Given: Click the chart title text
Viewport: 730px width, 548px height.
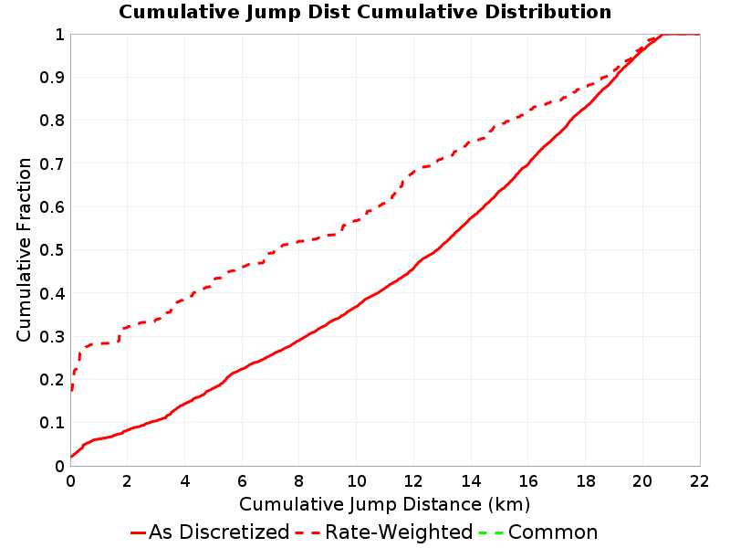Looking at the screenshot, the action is tap(365, 12).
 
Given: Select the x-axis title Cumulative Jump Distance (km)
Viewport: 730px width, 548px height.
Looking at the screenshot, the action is tap(384, 504).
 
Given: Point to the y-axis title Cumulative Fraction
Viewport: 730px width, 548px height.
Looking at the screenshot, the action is tap(24, 249).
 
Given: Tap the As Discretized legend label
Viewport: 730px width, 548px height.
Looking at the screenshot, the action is tap(219, 532).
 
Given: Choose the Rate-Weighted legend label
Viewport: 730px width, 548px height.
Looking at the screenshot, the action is tap(399, 532).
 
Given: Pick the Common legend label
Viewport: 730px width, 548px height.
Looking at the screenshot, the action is tap(553, 532).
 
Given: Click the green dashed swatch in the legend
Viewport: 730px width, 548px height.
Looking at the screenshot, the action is tap(491, 532).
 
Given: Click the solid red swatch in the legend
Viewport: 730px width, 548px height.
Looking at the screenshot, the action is tap(139, 532).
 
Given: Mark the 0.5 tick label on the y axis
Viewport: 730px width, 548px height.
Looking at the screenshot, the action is tap(52, 250).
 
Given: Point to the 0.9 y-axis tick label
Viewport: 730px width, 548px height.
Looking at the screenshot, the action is tap(52, 78).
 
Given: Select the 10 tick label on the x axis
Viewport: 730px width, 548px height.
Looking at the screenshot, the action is tap(356, 481).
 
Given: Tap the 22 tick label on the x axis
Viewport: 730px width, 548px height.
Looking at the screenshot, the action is tap(699, 481).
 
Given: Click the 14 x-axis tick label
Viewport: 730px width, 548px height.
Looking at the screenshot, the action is tap(471, 481).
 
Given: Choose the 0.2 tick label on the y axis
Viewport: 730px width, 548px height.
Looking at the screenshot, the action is tap(52, 380).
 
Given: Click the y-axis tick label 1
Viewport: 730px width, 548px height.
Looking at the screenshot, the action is tap(59, 35).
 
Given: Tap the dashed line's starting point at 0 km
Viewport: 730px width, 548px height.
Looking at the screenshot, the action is tap(71, 391).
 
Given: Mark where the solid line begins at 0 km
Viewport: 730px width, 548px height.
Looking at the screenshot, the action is tap(71, 457).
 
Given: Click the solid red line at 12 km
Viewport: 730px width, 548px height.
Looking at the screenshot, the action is tap(413, 268).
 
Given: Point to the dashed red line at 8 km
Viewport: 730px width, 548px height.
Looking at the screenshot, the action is tap(299, 241).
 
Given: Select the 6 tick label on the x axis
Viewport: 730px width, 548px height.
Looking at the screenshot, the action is tap(242, 481).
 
